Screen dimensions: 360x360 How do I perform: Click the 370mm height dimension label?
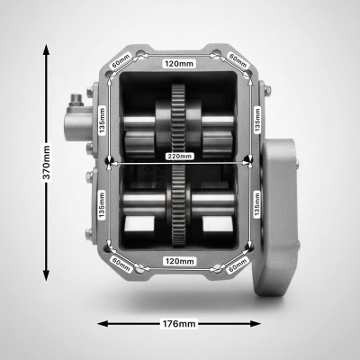click(47, 163)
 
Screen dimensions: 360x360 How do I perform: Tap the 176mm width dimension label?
click(179, 324)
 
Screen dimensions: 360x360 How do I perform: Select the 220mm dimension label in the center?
click(179, 156)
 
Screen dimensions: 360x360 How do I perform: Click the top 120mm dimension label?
click(179, 64)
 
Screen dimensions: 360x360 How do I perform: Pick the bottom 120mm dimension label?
click(180, 261)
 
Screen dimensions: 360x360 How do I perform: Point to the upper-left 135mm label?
click(103, 120)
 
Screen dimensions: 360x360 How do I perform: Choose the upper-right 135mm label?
click(257, 120)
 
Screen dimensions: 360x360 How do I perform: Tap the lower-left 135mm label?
click(102, 205)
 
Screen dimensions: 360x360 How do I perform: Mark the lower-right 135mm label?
click(256, 205)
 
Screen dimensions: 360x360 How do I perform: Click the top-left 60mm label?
click(121, 60)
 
